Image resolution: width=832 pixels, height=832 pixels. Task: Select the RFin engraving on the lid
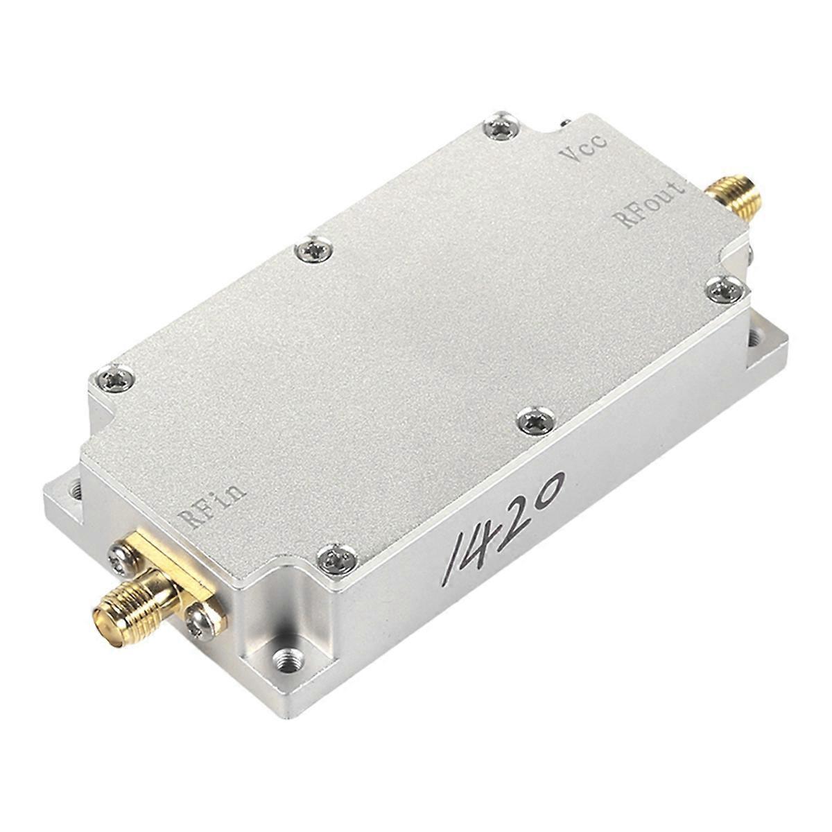point(211,505)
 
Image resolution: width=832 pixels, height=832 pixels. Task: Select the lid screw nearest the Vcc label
point(501,127)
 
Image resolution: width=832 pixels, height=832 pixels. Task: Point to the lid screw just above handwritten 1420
point(537,421)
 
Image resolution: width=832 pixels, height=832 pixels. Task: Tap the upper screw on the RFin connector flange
point(122,557)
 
